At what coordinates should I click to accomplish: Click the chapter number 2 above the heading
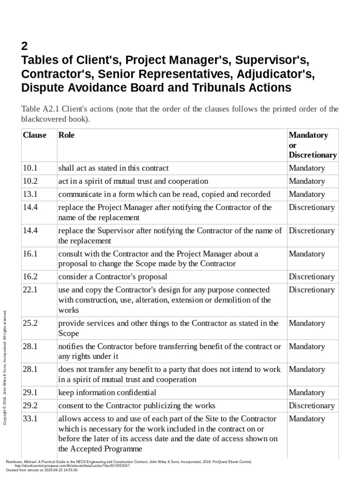click(x=25, y=46)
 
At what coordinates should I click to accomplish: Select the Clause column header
click(x=35, y=135)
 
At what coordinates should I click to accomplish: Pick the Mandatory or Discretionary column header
click(x=312, y=145)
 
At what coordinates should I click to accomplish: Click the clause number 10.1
click(x=30, y=168)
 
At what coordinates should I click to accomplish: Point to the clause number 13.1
click(x=30, y=194)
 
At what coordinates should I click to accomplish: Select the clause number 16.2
click(x=30, y=277)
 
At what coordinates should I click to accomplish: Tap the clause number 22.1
click(x=30, y=290)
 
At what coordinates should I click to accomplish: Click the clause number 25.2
click(x=30, y=323)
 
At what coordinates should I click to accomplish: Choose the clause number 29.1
click(x=30, y=392)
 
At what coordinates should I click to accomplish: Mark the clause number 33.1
click(x=30, y=419)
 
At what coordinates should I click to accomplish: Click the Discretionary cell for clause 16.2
click(x=311, y=277)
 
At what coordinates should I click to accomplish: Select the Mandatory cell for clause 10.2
click(x=307, y=181)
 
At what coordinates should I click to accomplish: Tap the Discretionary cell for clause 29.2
click(x=311, y=405)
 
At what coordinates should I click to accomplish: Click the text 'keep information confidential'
click(x=107, y=392)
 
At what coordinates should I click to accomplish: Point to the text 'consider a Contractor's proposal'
click(x=112, y=277)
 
